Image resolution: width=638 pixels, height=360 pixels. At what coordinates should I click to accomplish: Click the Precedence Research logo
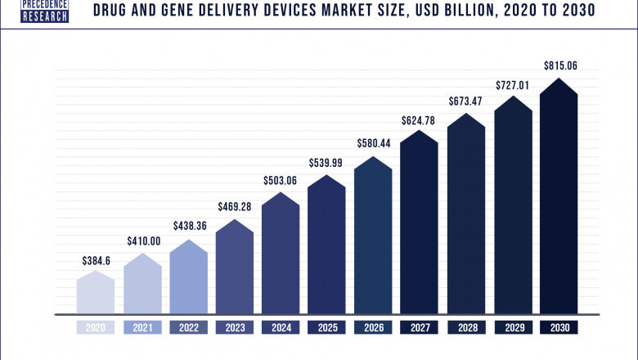coord(45,11)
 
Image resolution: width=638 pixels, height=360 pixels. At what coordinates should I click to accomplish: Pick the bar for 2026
coord(374,237)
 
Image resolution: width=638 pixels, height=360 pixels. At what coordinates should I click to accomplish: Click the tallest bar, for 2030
coord(559,200)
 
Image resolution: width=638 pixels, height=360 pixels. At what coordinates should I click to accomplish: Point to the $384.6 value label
coord(96,260)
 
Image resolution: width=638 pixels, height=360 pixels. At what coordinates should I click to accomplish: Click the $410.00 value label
coord(142,242)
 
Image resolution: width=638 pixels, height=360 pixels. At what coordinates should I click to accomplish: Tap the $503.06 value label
coord(281,180)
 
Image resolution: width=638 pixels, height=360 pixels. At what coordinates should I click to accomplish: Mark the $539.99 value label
coord(327,162)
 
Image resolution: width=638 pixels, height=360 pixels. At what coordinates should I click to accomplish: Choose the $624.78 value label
coord(420,120)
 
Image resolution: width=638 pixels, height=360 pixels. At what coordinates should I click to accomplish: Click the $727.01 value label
coord(513,84)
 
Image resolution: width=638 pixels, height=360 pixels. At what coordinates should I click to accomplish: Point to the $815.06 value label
coord(559,64)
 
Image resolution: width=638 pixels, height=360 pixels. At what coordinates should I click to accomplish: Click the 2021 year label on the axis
coord(142,327)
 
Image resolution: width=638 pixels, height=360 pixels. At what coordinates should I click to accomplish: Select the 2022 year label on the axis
coord(189,327)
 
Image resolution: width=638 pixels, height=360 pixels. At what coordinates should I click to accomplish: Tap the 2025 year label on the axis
coord(327,327)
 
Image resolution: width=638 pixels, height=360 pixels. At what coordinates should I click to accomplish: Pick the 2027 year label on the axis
coord(420,327)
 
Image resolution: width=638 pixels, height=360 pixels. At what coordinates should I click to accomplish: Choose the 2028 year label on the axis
coord(466,327)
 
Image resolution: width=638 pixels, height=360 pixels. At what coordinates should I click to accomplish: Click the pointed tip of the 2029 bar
coord(513,97)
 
